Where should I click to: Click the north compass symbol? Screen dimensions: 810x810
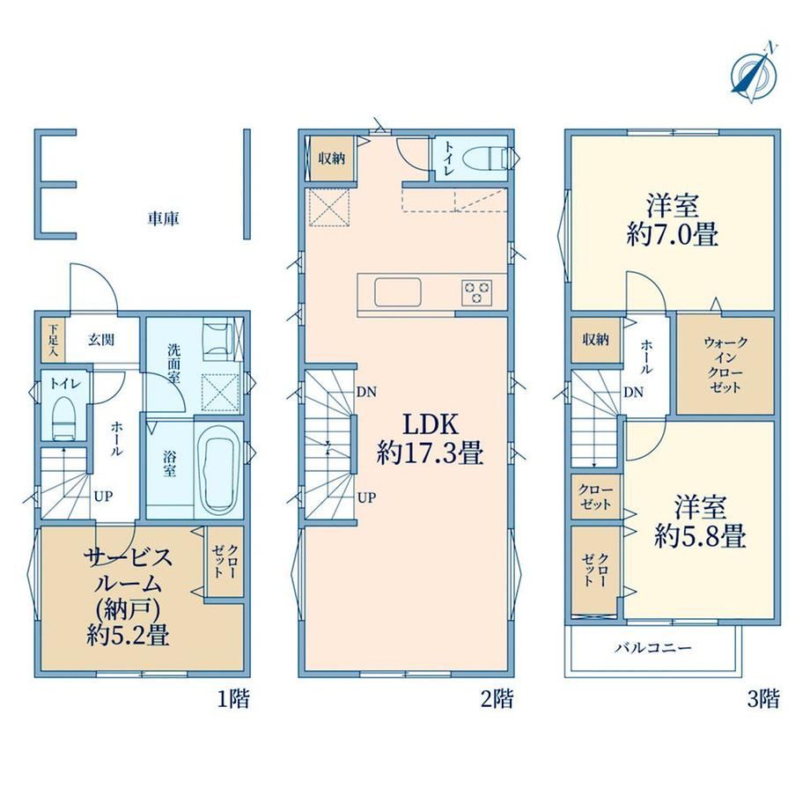point(755,73)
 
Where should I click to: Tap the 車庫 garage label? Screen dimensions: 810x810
point(163,219)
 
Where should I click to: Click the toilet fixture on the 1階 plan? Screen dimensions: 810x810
point(64,417)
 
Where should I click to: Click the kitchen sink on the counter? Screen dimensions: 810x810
point(398,292)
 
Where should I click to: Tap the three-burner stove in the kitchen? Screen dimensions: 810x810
point(477,292)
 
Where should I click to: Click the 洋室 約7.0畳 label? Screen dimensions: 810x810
point(672,220)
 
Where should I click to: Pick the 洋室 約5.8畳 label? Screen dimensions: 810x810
point(700,522)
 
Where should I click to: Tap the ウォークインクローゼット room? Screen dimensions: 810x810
point(725,365)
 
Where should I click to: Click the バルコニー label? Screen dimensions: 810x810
point(653,648)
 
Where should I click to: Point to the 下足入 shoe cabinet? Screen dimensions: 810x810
point(53,340)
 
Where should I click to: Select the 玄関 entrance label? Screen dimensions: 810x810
point(100,340)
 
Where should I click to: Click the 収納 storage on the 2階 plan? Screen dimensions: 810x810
point(331,158)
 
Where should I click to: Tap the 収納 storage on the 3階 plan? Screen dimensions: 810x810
point(596,339)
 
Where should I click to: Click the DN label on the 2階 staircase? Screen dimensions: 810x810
point(366,392)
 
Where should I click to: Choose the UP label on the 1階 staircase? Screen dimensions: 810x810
point(103,497)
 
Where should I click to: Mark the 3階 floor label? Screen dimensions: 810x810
point(763,699)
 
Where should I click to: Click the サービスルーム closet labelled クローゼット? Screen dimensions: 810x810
point(225,562)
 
